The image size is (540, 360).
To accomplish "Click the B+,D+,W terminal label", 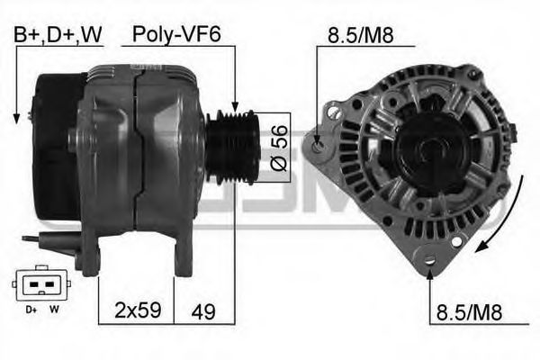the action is click(x=58, y=35).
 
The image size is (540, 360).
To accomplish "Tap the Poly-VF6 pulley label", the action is click(x=176, y=35).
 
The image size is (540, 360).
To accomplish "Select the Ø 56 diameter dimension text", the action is click(x=279, y=148).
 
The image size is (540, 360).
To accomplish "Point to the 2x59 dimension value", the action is click(x=138, y=310).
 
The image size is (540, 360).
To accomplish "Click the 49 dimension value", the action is click(x=203, y=311).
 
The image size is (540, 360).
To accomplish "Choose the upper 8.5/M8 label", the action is click(x=360, y=35).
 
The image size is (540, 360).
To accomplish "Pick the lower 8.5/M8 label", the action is click(x=469, y=312).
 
